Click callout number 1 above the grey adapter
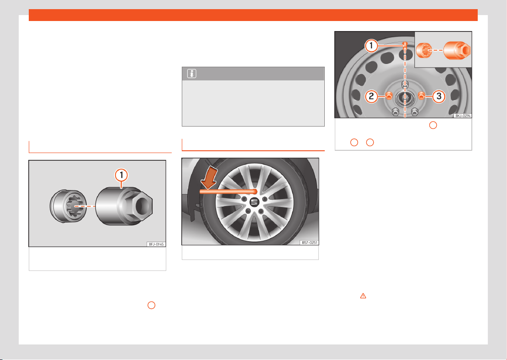[121, 175]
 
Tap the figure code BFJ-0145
[156, 244]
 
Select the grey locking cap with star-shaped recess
[68, 206]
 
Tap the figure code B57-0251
[309, 242]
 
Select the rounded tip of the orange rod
[255, 192]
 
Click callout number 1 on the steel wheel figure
[371, 46]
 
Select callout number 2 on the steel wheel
[371, 96]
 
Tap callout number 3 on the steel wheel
[439, 96]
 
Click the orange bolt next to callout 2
[389, 95]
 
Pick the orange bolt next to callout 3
[421, 95]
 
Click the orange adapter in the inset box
[457, 50]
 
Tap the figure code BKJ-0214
[463, 116]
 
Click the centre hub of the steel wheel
[405, 97]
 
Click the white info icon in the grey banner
[191, 74]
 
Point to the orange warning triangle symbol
[363, 296]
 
